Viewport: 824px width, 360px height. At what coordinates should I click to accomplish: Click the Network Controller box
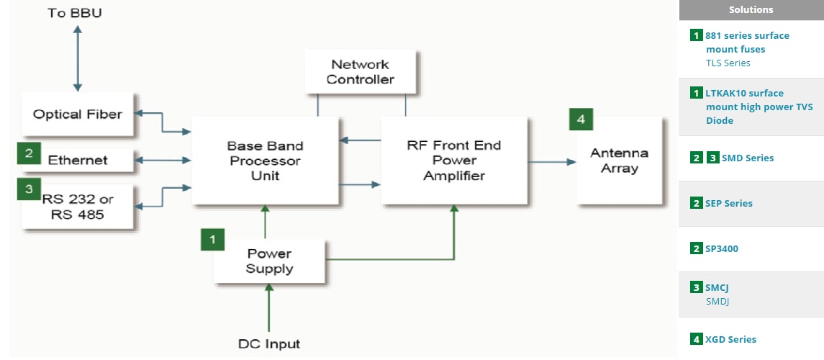point(360,71)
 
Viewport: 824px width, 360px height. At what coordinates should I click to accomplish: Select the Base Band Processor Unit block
point(265,161)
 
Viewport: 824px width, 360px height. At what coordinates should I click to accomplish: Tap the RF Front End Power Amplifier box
point(453,161)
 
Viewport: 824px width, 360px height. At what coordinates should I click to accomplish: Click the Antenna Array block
point(619,161)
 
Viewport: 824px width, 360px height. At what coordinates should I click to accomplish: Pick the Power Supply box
point(270,261)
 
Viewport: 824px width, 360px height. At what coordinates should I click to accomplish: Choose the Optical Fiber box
point(78,114)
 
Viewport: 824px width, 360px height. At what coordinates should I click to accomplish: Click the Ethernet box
point(78,160)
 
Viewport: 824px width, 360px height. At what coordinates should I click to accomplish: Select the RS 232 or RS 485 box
point(78,207)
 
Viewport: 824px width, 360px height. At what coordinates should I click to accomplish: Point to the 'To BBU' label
point(75,13)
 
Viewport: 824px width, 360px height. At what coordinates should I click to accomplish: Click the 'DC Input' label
point(269,343)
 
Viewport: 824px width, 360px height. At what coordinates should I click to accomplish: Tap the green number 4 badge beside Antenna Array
point(581,119)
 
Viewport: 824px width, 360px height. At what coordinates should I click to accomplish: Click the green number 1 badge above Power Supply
point(212,238)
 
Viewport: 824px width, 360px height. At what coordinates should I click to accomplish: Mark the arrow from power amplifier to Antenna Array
point(552,162)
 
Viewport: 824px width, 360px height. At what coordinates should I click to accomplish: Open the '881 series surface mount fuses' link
point(747,42)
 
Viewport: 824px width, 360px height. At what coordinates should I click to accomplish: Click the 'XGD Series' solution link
point(730,339)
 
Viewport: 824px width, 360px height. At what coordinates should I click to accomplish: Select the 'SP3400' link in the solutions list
point(721,248)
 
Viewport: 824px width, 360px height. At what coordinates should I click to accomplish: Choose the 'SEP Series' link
point(728,203)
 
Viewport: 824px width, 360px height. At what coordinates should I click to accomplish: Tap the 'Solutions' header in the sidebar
point(751,9)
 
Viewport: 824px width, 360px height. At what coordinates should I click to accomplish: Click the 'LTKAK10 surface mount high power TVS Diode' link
point(759,107)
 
